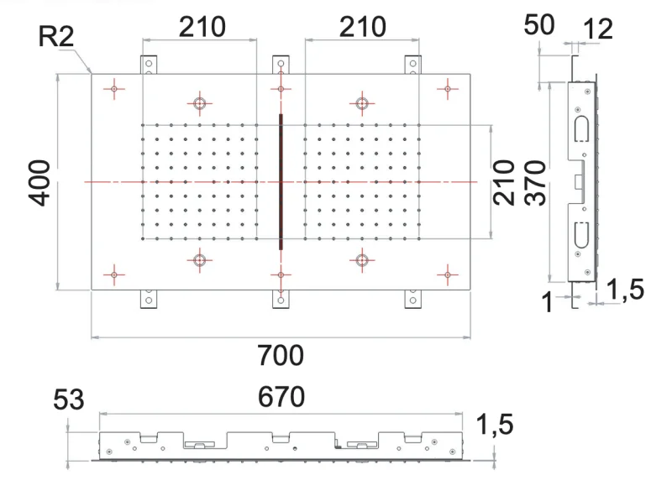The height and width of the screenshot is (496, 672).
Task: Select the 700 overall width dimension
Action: (281, 356)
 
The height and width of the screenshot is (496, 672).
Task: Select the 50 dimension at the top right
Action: (539, 26)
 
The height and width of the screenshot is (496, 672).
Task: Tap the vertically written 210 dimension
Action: (504, 182)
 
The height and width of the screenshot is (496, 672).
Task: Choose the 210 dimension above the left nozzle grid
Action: (202, 27)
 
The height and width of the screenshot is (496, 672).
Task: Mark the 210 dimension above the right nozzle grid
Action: (362, 27)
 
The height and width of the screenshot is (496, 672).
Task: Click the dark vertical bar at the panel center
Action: (281, 181)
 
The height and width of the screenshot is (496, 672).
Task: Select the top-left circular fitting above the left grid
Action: (200, 103)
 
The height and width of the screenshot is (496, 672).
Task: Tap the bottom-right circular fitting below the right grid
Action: (362, 260)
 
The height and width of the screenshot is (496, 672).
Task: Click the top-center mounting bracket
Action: (281, 65)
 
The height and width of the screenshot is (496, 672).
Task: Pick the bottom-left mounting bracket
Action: (149, 298)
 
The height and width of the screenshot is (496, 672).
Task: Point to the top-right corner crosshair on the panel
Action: (448, 87)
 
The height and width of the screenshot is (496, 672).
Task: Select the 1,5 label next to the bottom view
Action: (495, 426)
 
